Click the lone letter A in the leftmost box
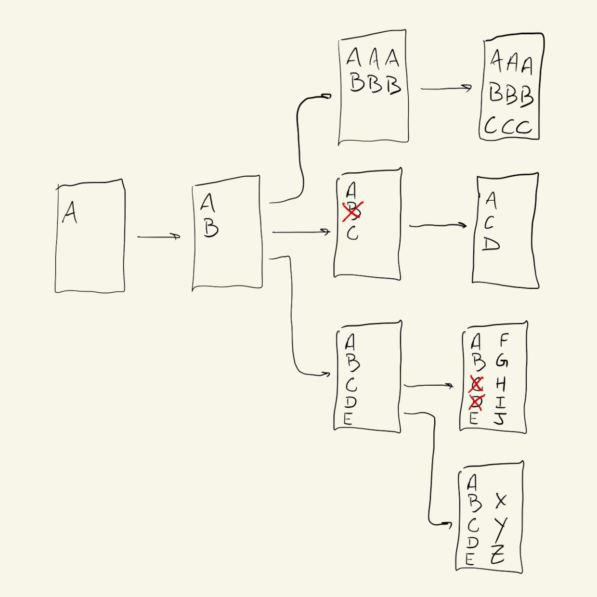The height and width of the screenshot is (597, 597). pos(70,212)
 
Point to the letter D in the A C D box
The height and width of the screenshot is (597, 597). pos(491,245)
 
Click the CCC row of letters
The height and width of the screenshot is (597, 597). pos(508,126)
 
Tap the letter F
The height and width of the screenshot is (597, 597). pos(504,341)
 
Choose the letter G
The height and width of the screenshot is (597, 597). pos(502,361)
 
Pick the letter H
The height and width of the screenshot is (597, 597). pos(501,384)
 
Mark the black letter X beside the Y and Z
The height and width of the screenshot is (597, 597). pos(501,501)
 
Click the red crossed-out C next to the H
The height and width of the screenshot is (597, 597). pos(476,384)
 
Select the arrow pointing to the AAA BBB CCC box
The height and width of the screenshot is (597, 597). pos(446,88)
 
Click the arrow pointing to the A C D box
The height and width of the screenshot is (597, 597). pos(438,225)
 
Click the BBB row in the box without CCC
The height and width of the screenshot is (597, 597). pos(375,83)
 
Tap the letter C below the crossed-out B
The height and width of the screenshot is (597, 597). pos(352,234)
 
